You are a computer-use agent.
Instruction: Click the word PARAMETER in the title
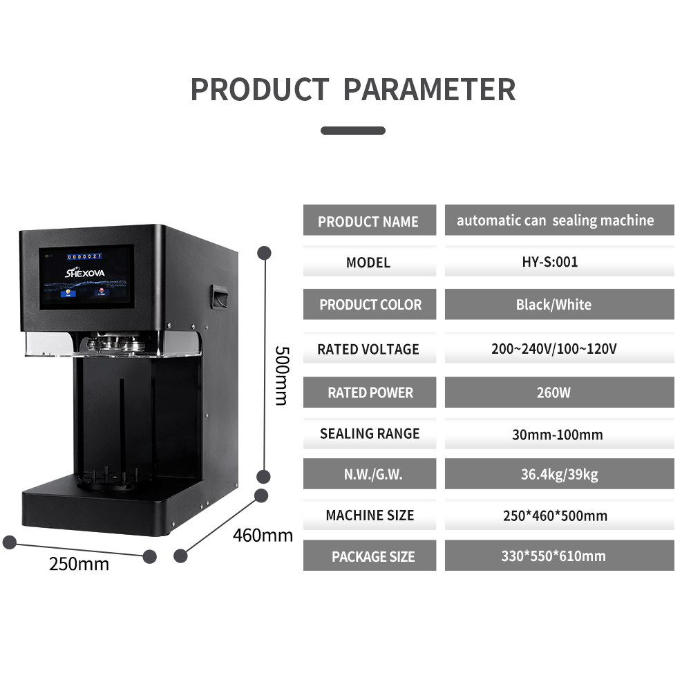(429, 90)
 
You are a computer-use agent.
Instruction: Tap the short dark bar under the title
(353, 130)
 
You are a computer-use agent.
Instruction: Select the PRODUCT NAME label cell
(369, 222)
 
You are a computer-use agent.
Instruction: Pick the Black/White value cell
(559, 304)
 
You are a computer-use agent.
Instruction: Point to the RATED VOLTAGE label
(368, 349)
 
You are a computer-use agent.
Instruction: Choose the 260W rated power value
(559, 392)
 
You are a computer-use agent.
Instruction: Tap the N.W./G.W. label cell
(369, 475)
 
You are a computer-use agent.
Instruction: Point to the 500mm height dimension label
(281, 375)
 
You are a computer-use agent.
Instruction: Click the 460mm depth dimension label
(263, 535)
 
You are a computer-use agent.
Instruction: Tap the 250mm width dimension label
(79, 565)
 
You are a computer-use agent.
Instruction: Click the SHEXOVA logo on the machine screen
(86, 272)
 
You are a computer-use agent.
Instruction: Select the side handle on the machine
(220, 297)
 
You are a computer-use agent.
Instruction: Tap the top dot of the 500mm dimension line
(263, 253)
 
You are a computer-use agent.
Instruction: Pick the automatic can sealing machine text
(555, 220)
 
